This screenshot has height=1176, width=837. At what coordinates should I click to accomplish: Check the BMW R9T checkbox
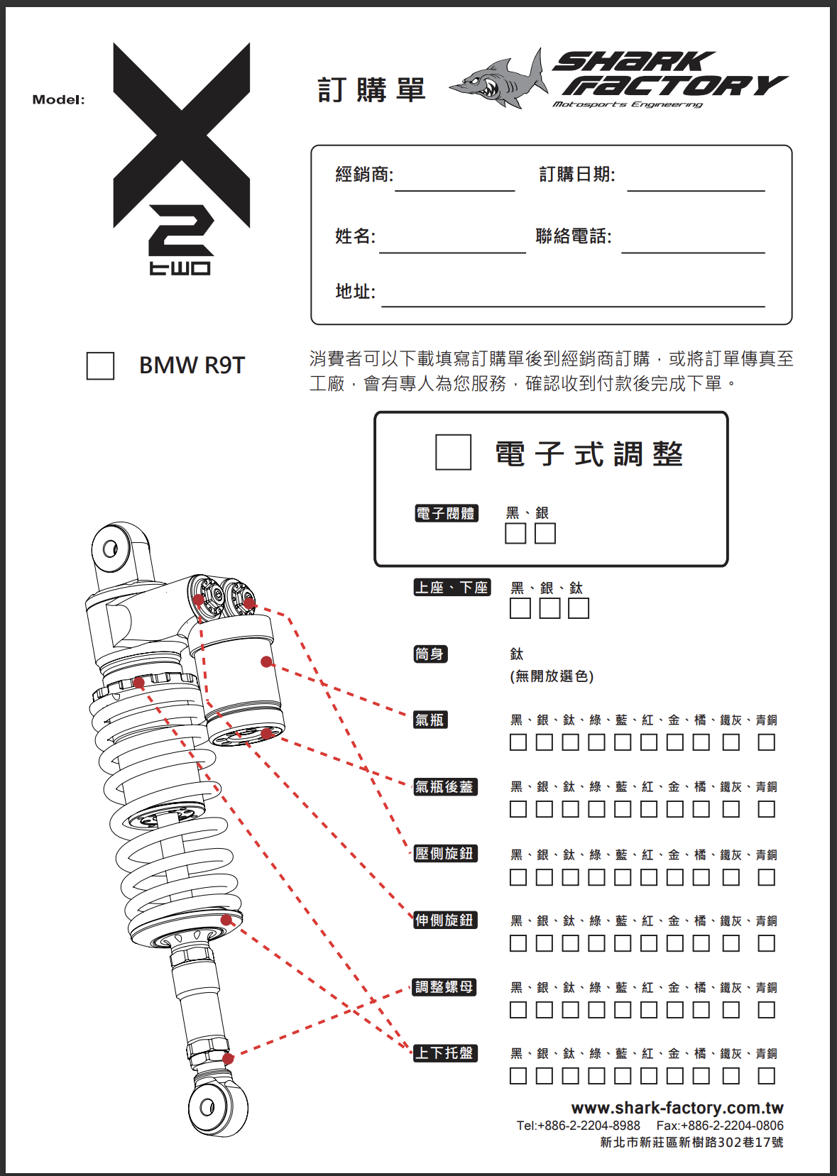click(x=100, y=366)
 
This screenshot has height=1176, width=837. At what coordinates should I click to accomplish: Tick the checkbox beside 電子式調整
click(x=453, y=452)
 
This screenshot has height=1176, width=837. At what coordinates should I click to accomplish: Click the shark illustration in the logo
click(x=498, y=80)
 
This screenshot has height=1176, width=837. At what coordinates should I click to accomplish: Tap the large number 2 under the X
click(x=182, y=231)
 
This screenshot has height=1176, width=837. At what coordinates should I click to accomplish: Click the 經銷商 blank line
click(x=455, y=191)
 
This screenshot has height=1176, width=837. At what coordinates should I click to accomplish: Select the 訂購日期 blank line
click(x=696, y=191)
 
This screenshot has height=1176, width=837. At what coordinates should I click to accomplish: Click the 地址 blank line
click(x=573, y=306)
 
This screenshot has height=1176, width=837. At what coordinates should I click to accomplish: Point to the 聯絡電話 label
click(x=574, y=236)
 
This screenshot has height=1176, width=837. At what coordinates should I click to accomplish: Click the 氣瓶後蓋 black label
click(x=445, y=786)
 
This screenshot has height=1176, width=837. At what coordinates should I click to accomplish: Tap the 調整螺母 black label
click(x=444, y=987)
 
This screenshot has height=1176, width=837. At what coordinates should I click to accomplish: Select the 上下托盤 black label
click(x=445, y=1053)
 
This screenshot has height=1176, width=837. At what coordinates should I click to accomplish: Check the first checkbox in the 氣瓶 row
click(x=518, y=742)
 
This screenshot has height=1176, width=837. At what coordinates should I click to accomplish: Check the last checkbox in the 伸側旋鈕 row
click(x=767, y=943)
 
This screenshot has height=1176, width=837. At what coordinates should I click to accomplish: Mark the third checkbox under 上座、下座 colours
click(x=579, y=608)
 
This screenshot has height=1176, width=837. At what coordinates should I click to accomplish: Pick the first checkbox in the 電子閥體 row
click(x=515, y=534)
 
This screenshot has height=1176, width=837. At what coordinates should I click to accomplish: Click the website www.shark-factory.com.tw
click(x=677, y=1108)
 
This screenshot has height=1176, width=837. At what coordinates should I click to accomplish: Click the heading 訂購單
click(x=372, y=89)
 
